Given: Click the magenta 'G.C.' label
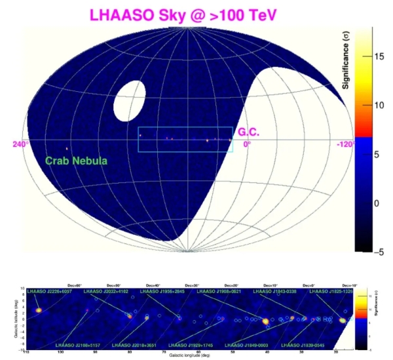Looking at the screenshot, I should (x=248, y=132).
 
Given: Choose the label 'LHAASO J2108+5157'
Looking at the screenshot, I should (x=76, y=344).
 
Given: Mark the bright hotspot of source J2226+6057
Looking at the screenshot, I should (x=39, y=310).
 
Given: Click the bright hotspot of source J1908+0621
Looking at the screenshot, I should (x=265, y=321).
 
